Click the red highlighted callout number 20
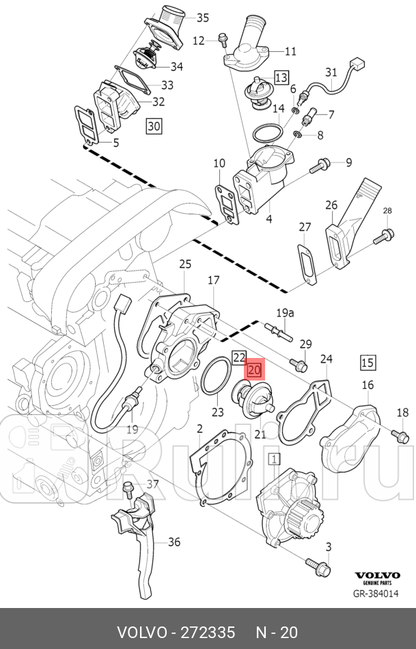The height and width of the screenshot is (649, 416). [x=254, y=370]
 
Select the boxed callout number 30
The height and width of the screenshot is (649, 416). [x=154, y=126]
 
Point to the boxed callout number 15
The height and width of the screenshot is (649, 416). [x=368, y=362]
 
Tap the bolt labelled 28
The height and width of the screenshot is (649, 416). [x=384, y=237]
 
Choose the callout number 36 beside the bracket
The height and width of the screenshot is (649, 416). [x=174, y=542]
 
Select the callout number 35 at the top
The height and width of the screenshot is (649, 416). [x=203, y=17]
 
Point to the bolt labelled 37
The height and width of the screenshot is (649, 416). [x=128, y=489]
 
